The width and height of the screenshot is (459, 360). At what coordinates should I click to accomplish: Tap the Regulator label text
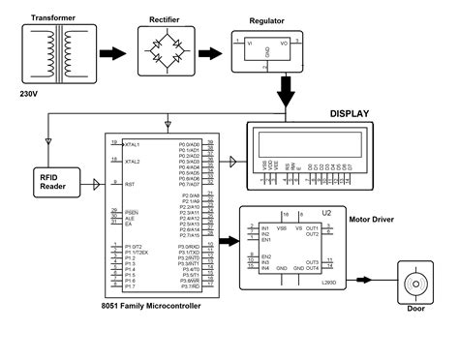(x=266, y=20)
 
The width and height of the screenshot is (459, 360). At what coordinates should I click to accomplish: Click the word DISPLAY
(x=350, y=113)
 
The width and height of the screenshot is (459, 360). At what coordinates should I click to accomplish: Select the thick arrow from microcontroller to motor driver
(x=228, y=243)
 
